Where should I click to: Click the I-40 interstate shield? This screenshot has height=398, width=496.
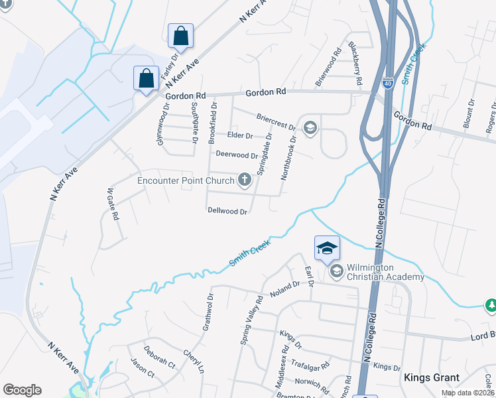[x=388, y=84]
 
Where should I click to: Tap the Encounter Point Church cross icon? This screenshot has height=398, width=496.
[x=245, y=179]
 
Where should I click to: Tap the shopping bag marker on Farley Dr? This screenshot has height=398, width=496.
[x=181, y=37]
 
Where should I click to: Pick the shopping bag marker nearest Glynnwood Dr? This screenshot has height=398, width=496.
[x=146, y=78]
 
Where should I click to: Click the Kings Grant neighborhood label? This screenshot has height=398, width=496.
[x=432, y=377]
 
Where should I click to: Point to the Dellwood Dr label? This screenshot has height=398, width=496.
[x=227, y=212]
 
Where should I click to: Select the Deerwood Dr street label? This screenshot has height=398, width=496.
[x=237, y=155]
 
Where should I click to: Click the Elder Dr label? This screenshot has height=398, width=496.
[x=240, y=136]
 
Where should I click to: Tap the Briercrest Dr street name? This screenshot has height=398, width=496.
[x=275, y=121]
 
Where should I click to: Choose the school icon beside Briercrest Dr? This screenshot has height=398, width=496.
[x=310, y=127]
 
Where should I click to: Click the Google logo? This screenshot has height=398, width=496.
[x=22, y=390]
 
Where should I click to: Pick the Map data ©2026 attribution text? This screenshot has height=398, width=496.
[x=467, y=393]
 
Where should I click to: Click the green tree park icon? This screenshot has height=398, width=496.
[x=491, y=304]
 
